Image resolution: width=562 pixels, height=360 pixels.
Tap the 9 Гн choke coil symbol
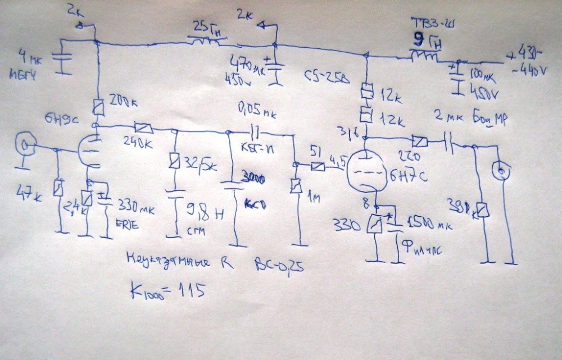425,56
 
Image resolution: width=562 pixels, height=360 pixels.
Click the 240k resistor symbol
142,128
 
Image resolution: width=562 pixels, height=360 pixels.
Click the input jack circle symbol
24,147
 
